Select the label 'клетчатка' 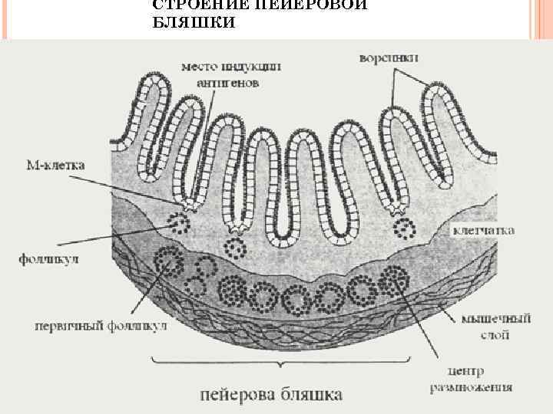484,230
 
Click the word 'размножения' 471,387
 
